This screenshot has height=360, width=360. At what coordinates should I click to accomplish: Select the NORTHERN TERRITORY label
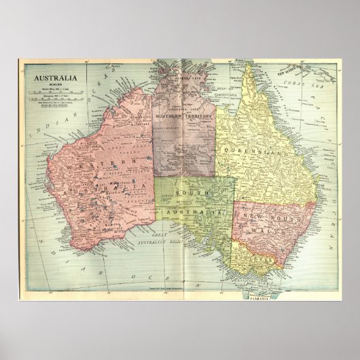click(185, 117)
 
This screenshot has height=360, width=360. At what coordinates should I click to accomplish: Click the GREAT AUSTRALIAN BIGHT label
click(150, 239)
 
